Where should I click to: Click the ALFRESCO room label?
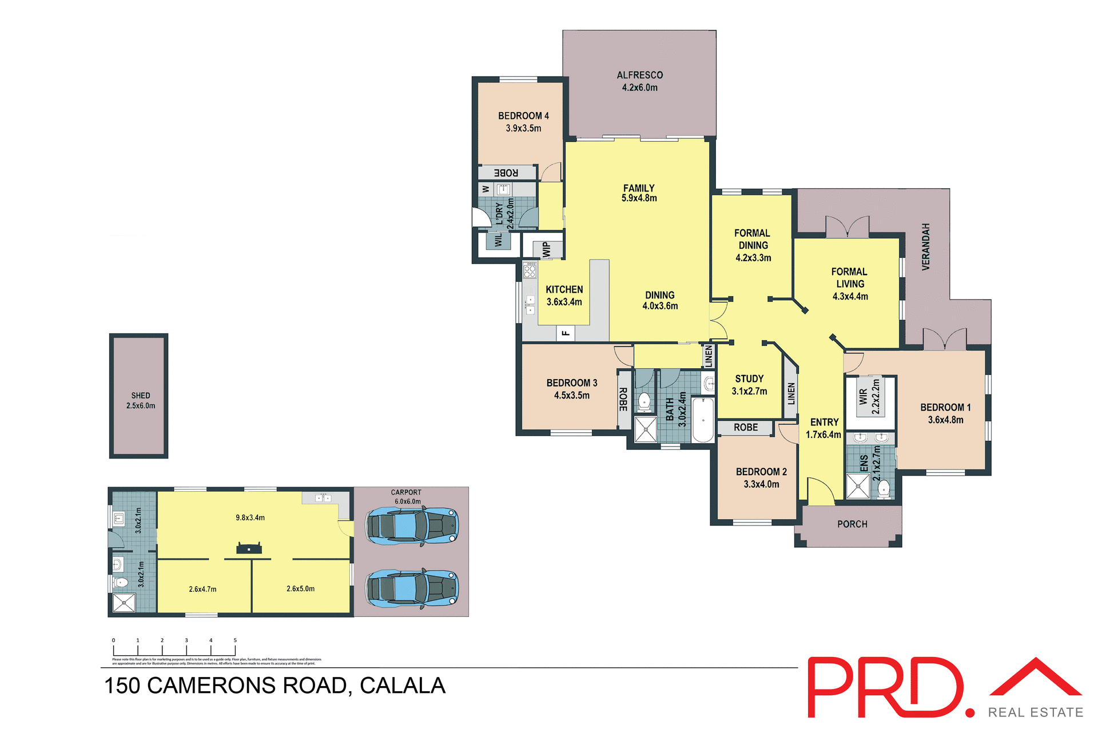click(x=639, y=75)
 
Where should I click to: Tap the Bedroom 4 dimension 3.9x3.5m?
click(x=523, y=129)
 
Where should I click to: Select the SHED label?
click(x=141, y=396)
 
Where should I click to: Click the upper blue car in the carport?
click(x=412, y=526)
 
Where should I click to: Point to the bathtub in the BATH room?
click(x=703, y=420)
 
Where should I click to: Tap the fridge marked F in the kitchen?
click(x=566, y=333)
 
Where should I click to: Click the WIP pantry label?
click(x=546, y=249)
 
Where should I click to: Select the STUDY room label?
click(x=749, y=379)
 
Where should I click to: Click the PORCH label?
click(x=852, y=524)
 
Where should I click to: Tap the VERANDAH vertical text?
click(x=926, y=247)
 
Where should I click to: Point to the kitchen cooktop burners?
click(x=530, y=270)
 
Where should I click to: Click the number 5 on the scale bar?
click(x=235, y=640)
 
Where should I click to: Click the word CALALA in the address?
click(x=402, y=686)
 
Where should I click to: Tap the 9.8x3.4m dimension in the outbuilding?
click(x=250, y=518)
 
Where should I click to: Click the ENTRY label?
click(x=824, y=422)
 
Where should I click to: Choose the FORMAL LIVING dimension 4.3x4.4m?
click(x=850, y=296)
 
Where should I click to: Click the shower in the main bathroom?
click(x=646, y=429)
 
